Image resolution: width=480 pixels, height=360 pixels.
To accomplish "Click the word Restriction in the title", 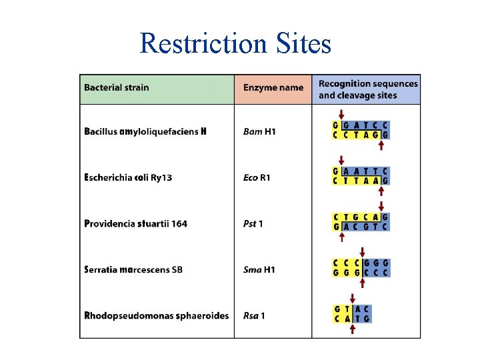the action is (203, 43).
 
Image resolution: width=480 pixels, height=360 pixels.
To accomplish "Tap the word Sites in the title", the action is (303, 43).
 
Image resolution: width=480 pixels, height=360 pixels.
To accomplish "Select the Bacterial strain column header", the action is (117, 87).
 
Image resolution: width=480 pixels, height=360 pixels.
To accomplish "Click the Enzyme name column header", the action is (273, 87).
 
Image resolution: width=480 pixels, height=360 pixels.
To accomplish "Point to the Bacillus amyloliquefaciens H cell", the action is (145, 131).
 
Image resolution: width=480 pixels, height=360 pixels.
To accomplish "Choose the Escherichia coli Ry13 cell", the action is (128, 177).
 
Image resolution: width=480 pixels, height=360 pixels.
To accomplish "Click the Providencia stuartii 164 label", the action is (135, 224).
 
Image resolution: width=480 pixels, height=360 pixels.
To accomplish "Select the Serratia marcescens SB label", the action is (133, 270).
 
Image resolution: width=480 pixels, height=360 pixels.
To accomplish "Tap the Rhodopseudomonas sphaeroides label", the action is (157, 315).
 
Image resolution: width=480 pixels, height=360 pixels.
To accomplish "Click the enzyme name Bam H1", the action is (259, 131).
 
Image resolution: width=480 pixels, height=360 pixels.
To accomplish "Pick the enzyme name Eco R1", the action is (257, 177).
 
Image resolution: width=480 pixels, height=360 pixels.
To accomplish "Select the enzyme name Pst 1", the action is (253, 224).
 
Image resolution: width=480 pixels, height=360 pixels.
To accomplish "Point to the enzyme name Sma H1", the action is (259, 270).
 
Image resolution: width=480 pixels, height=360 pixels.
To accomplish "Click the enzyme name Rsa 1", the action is (254, 315).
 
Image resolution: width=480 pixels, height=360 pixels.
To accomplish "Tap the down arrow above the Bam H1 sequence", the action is (341, 115).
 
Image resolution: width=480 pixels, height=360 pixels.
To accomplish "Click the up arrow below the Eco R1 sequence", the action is (381, 191).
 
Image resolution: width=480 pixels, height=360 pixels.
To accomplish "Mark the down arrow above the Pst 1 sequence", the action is (381, 206).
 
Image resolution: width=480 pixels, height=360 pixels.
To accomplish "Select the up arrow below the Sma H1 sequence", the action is (363, 283).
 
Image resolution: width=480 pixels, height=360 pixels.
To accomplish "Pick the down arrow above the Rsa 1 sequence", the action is (353, 299).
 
